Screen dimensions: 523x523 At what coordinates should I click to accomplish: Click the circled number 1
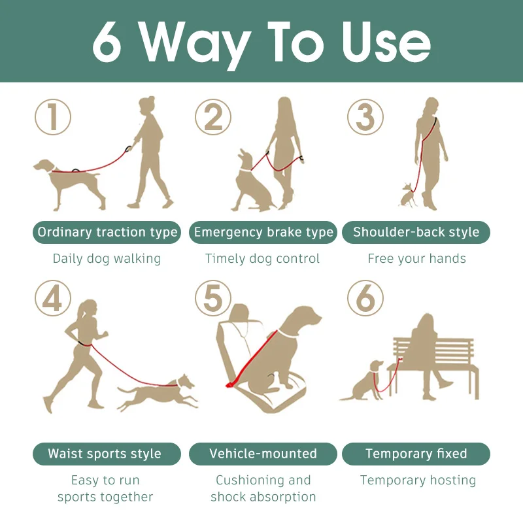coord(53,117)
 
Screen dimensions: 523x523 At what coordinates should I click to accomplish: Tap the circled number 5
coord(213,298)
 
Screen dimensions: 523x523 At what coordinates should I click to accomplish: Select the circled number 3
coord(365,117)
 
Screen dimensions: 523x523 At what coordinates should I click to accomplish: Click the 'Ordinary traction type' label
coord(107,232)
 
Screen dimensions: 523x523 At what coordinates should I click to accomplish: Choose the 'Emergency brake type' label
coord(263,232)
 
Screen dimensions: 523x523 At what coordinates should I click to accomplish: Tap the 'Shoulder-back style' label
coord(416,232)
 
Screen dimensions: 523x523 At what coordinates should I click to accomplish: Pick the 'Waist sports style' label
coord(107,454)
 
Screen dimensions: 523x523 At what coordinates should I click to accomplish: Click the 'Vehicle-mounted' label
coord(263,454)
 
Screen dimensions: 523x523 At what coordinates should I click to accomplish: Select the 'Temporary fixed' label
coord(416,454)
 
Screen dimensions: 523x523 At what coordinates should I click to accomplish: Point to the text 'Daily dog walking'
coord(107,259)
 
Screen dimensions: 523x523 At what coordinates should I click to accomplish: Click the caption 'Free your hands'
coord(416,258)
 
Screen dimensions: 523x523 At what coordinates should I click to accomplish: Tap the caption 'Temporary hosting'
coord(418,481)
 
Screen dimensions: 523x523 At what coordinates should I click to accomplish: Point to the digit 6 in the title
coord(107,42)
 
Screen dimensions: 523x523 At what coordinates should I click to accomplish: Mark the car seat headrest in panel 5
coord(239,312)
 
